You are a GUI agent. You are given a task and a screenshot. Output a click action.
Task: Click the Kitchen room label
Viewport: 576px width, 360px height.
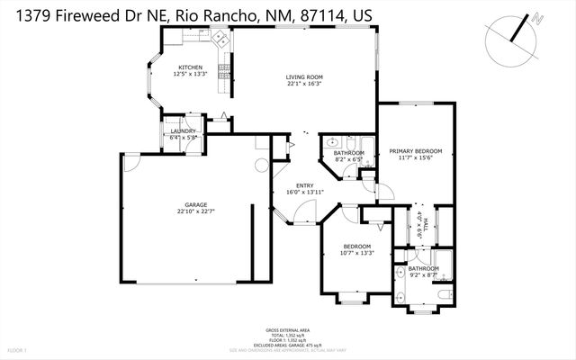[189, 67]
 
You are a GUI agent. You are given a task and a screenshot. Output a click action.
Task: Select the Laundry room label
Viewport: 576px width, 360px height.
[184, 131]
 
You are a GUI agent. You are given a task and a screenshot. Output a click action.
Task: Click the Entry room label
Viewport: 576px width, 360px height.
[304, 185]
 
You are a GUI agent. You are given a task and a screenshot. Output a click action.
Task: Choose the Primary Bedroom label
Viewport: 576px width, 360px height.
[416, 150]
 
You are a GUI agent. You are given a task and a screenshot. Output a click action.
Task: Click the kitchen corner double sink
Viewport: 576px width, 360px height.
[219, 38]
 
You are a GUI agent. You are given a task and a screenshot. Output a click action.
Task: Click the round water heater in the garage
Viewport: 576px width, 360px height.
[261, 165]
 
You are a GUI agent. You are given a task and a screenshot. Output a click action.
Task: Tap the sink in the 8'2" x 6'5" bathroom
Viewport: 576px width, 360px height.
[331, 142]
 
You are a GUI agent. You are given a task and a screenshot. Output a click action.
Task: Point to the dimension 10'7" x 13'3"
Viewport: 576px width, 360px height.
[357, 253]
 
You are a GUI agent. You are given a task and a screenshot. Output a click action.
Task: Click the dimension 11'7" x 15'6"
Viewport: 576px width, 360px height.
[416, 157]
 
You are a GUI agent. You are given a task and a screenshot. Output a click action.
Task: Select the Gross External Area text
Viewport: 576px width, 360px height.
[288, 330]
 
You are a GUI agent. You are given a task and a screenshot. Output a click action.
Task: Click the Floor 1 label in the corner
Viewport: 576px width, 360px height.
[17, 349]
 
